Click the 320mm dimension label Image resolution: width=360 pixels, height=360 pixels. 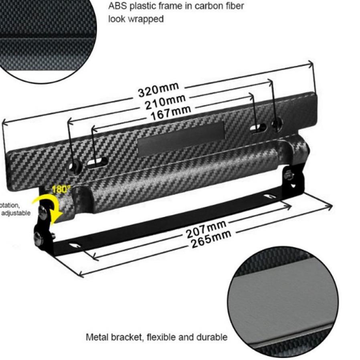point(158,91)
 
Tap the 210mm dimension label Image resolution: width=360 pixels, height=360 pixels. point(165,102)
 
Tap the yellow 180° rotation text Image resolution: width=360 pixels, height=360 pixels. point(61,189)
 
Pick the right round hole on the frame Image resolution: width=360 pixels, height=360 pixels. point(277,123)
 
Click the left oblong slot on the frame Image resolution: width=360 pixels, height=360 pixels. point(98,162)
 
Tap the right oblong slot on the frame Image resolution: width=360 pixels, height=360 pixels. point(258,128)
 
